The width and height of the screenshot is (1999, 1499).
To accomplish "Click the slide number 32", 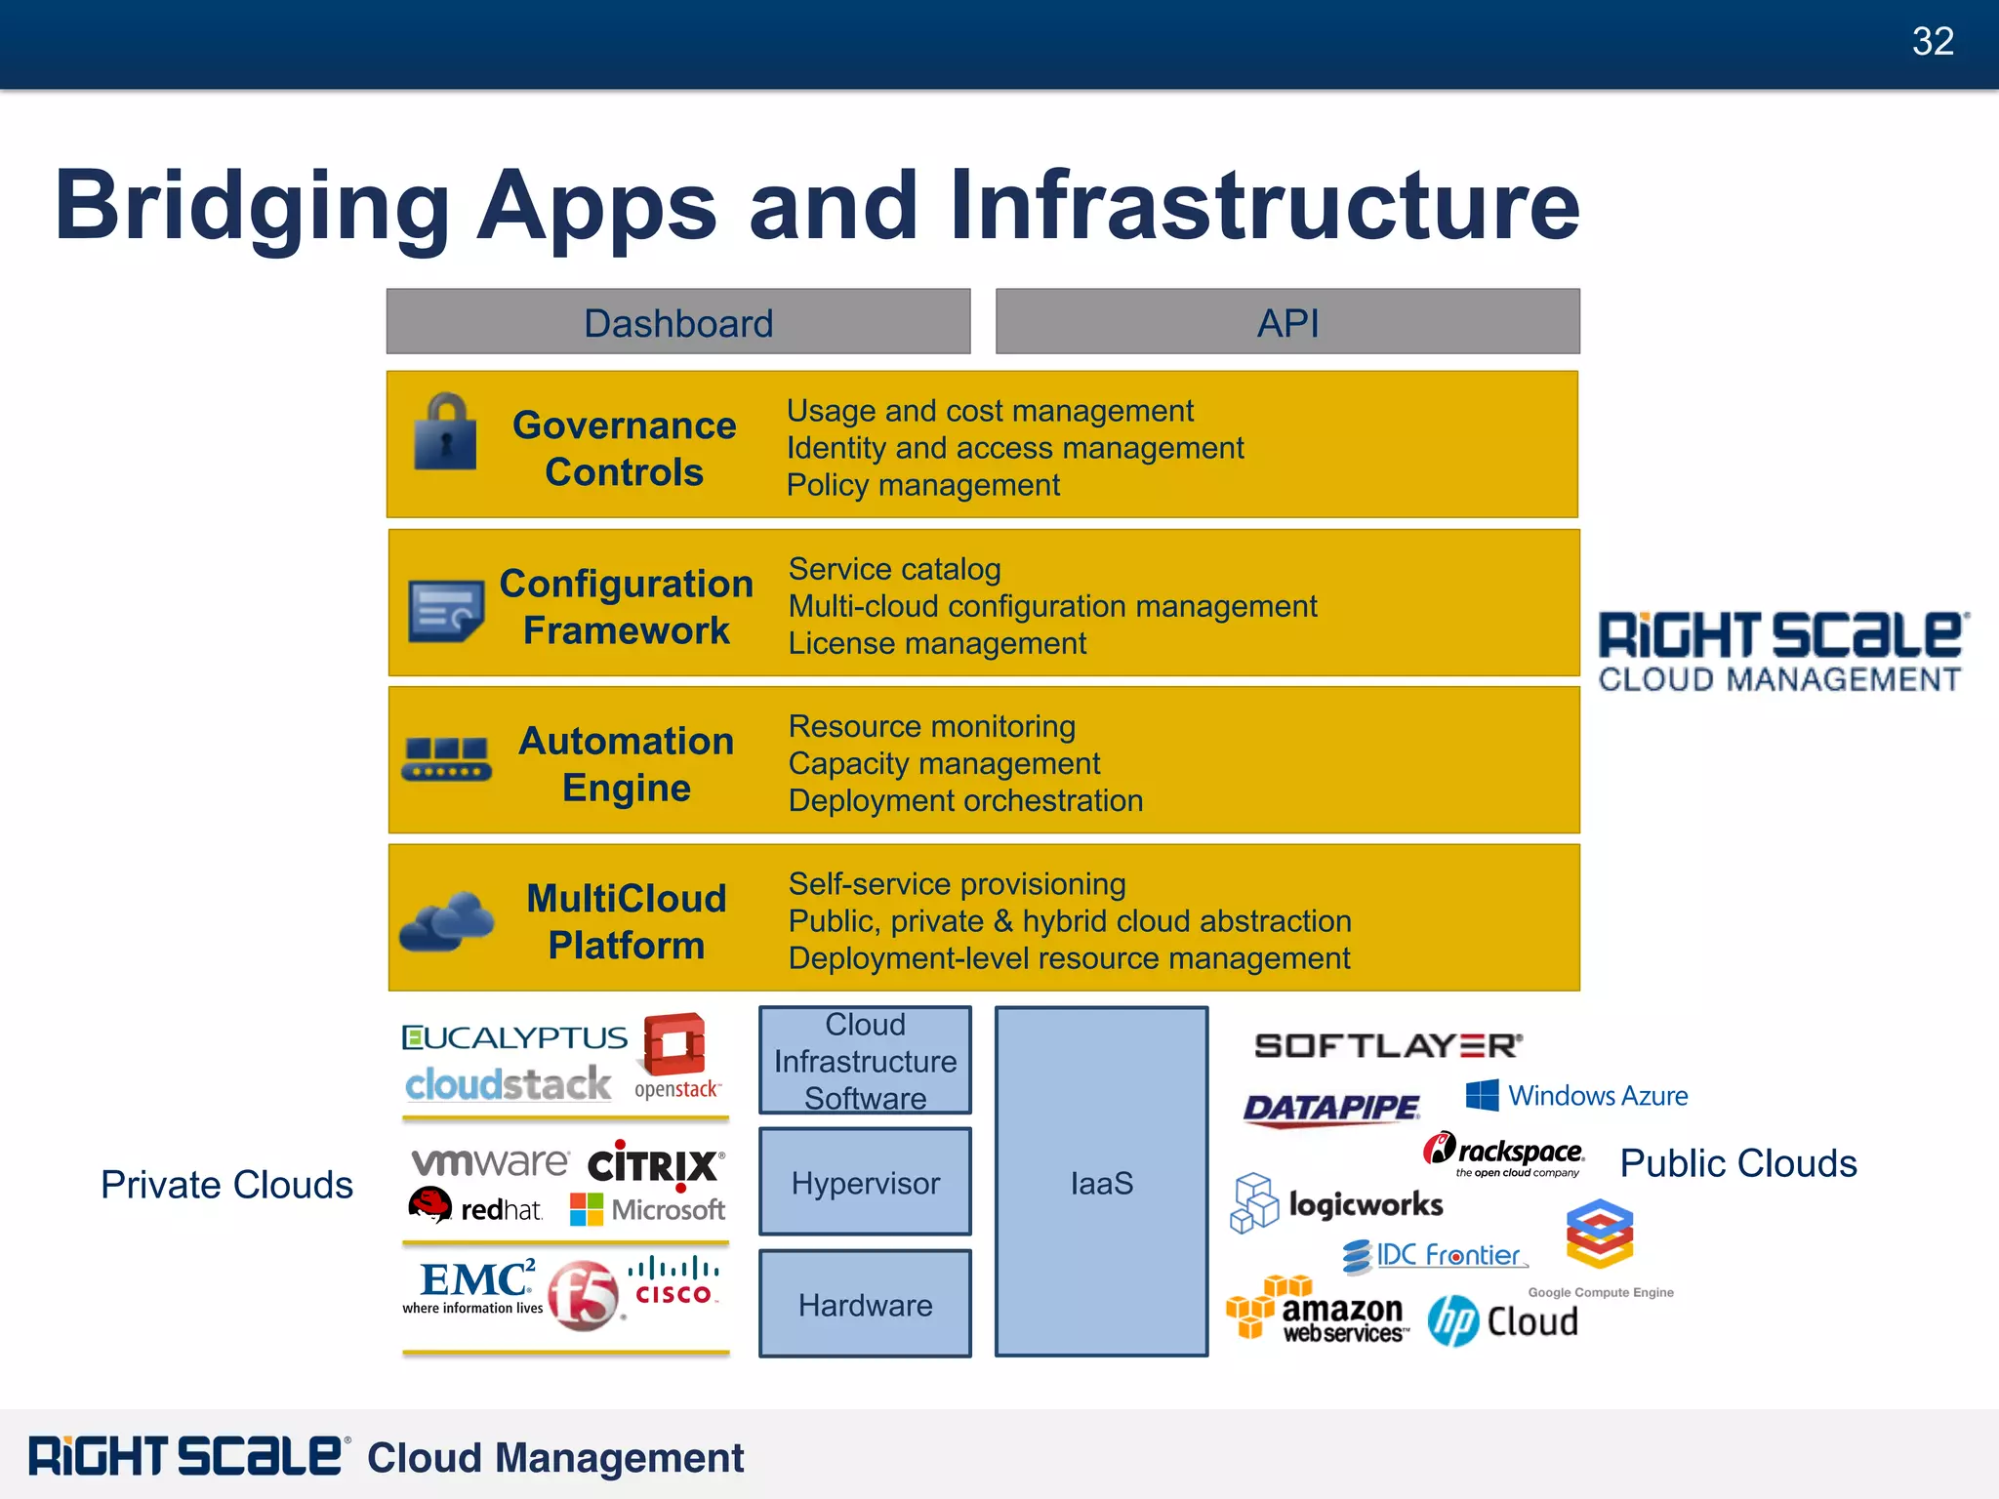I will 1933,42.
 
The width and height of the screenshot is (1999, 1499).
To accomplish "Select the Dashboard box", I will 678,322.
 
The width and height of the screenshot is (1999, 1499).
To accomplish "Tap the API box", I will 1287,322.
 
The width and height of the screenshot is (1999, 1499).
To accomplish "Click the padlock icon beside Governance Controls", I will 445,432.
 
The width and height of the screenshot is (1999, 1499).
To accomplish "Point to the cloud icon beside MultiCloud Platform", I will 447,920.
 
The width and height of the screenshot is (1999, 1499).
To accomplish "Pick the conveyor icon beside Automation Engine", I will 446,759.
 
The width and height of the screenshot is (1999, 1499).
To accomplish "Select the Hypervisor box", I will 865,1182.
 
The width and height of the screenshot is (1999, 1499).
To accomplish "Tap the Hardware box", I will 865,1304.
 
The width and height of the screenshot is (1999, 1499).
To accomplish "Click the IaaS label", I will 1102,1184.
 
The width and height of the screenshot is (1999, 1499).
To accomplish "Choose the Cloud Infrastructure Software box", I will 865,1061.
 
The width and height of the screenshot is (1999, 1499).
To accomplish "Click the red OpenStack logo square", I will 674,1043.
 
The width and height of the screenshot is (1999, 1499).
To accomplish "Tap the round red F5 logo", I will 584,1295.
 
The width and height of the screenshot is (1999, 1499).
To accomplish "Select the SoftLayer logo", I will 1388,1045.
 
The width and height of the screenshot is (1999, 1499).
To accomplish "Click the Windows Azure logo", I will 1576,1095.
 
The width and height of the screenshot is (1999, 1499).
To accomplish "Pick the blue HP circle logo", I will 1453,1320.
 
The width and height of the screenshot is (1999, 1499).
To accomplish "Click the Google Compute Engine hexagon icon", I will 1600,1234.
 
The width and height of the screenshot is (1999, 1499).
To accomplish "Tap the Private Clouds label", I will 226,1185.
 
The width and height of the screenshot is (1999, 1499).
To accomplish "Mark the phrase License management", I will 937,644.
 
